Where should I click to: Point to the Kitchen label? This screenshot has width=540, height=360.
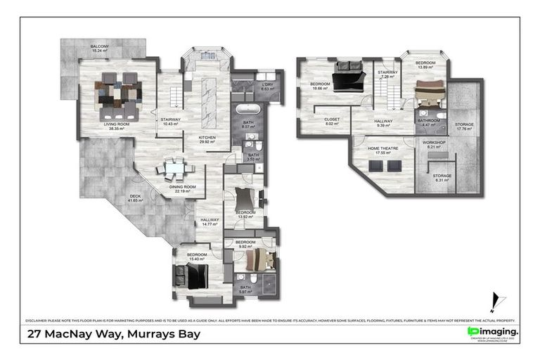(x=206, y=138)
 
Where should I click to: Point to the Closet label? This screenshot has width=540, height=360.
(x=332, y=120)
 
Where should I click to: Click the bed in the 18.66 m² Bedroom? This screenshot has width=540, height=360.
(x=347, y=77)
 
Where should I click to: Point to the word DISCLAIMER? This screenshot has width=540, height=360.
(x=39, y=319)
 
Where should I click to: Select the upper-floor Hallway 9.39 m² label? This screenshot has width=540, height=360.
(x=383, y=123)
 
